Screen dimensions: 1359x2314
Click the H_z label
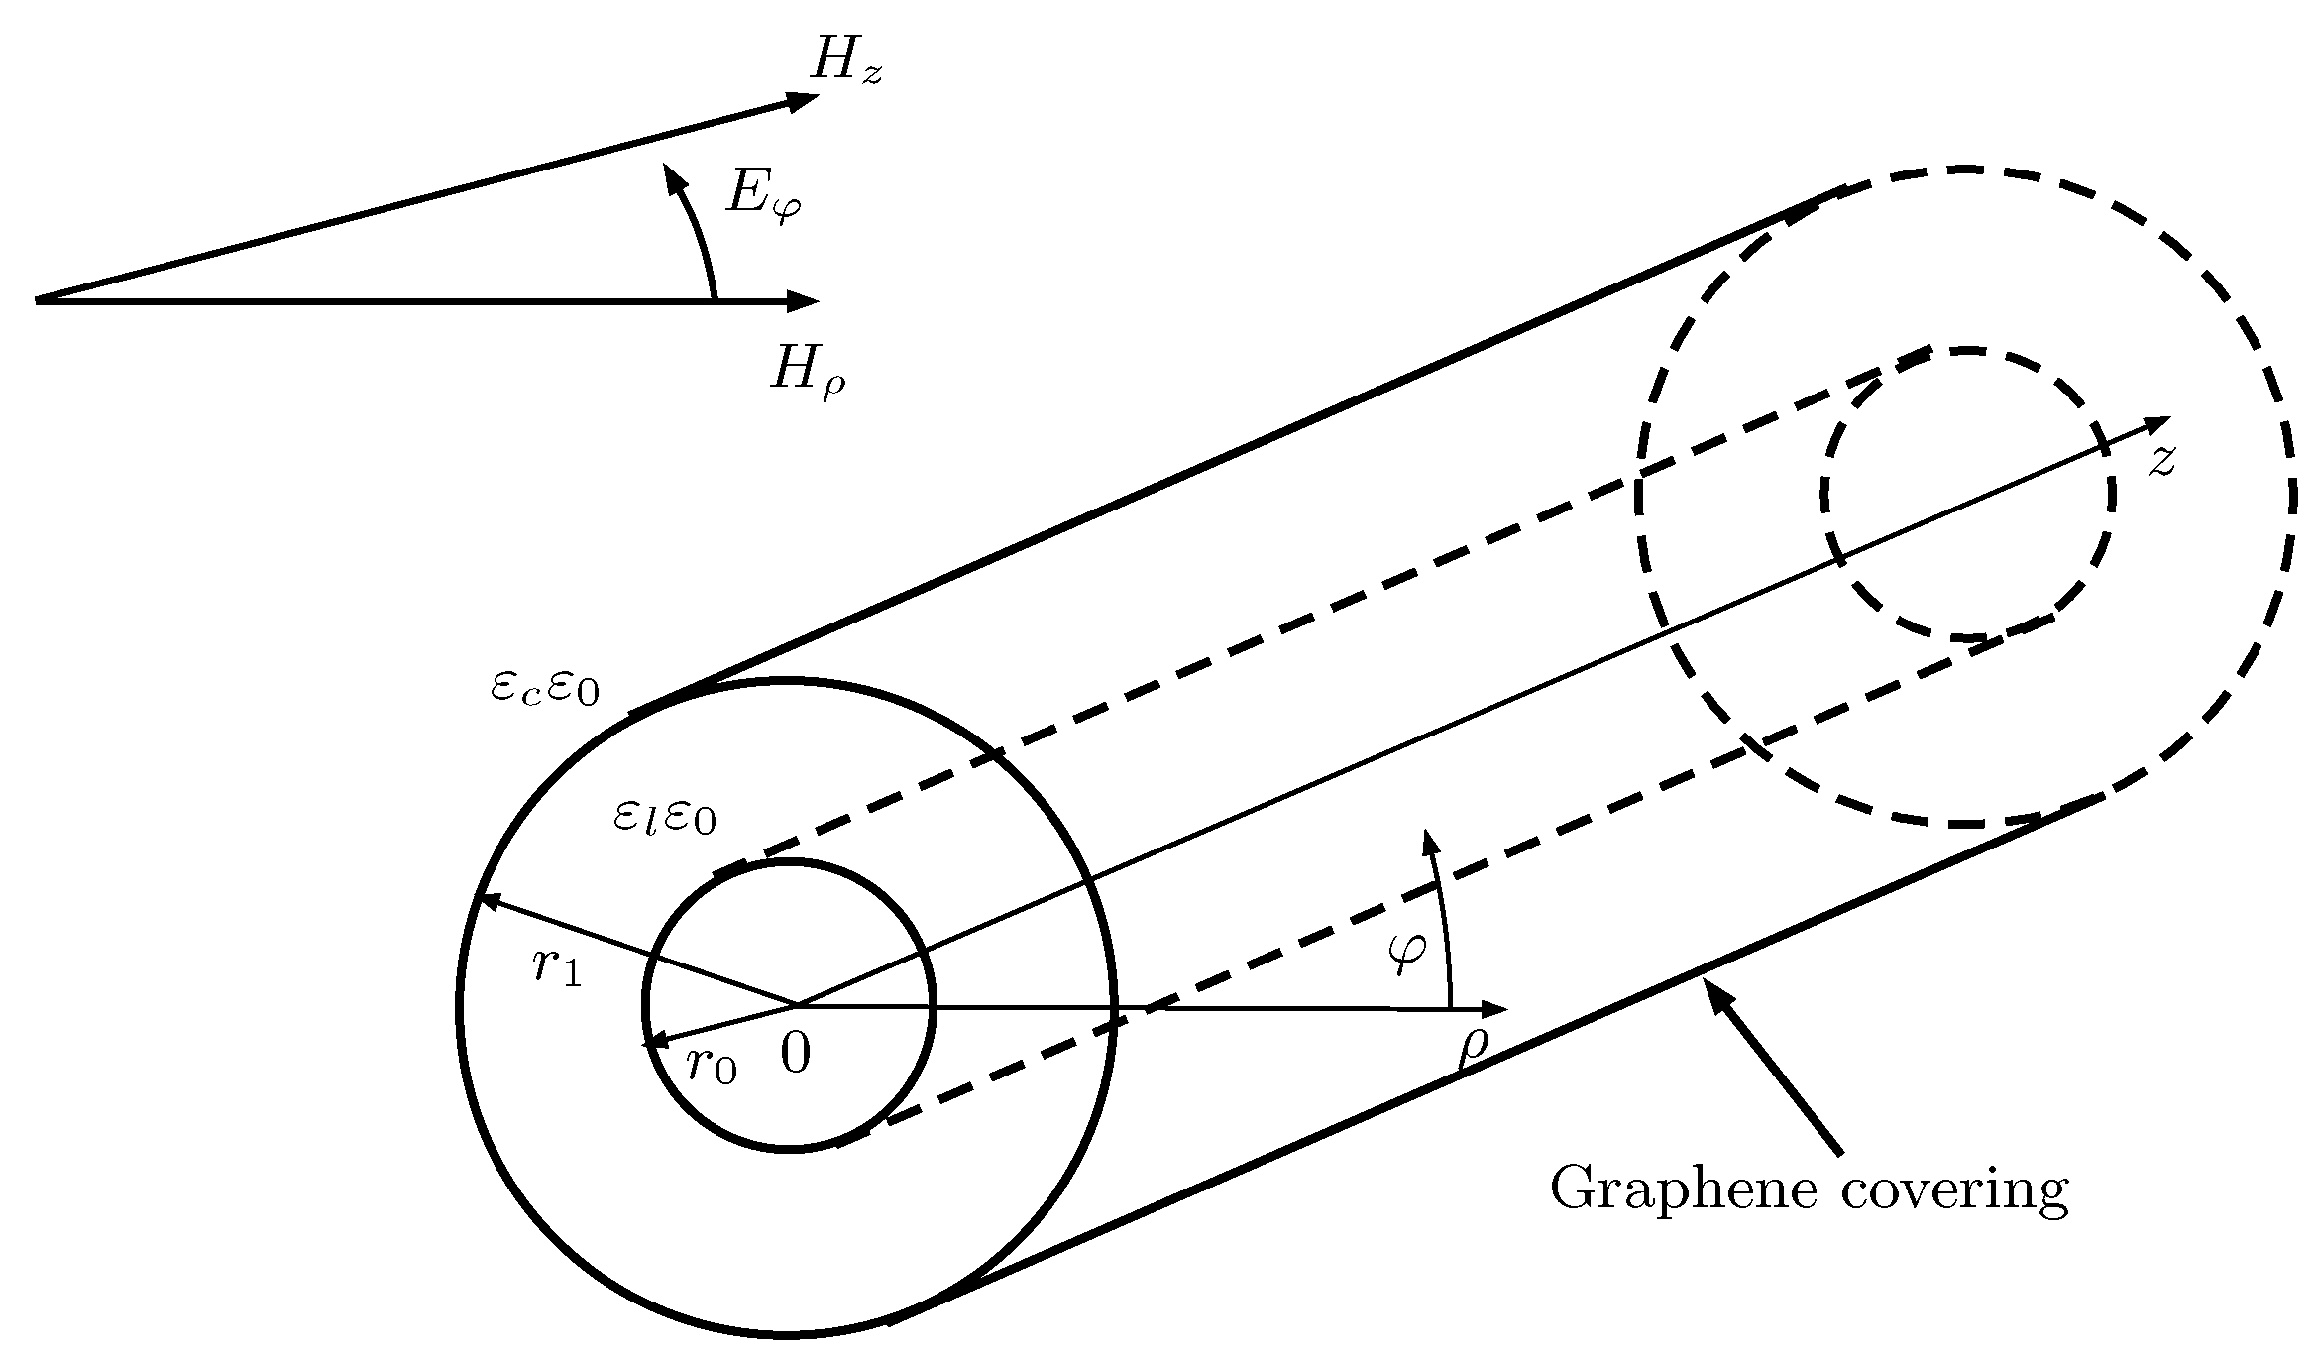tap(845, 61)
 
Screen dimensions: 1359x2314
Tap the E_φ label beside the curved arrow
tap(763, 195)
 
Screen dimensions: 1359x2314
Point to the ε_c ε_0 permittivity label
tap(545, 689)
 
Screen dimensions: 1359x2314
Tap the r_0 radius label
tap(712, 1066)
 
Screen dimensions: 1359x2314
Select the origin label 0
tap(795, 1054)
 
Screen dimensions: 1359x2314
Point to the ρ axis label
tap(1474, 1050)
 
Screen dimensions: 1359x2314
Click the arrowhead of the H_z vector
tap(804, 98)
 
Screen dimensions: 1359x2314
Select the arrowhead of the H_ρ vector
tap(804, 300)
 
